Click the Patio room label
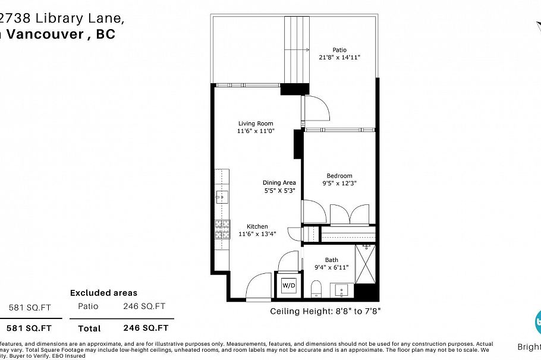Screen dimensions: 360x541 tap(339, 50)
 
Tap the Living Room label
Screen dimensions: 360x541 tap(256, 124)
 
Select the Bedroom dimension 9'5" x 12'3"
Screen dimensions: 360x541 tap(339, 184)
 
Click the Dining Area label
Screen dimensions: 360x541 tap(279, 183)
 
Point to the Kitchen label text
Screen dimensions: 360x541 tap(257, 226)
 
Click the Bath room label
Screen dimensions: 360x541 tap(331, 260)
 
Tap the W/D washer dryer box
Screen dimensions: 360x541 tap(288, 284)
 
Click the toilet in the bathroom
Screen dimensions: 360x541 tap(316, 289)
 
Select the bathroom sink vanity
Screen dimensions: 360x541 tap(341, 290)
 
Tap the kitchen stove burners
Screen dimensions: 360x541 tap(222, 229)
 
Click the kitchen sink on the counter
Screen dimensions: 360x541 tap(222, 197)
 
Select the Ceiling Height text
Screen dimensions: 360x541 tap(325, 311)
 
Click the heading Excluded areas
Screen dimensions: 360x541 tap(103, 293)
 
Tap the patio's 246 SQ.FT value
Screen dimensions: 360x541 tap(144, 307)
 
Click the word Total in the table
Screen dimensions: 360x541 tap(89, 328)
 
